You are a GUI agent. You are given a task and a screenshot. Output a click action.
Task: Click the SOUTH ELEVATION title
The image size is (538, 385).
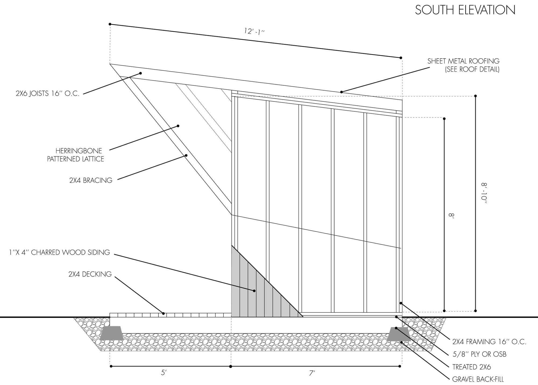[465, 10]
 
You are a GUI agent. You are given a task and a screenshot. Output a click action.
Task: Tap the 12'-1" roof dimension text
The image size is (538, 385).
[254, 31]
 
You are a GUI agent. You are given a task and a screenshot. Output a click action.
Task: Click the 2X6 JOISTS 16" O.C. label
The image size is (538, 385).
[48, 93]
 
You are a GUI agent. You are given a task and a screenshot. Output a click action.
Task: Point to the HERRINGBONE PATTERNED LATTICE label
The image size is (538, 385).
[76, 155]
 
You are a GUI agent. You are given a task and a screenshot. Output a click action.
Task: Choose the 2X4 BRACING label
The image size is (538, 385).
[91, 180]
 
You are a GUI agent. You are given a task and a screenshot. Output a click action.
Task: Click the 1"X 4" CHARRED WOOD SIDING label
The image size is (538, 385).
[59, 252]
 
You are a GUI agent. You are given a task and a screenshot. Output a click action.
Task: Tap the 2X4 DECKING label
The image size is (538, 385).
[90, 274]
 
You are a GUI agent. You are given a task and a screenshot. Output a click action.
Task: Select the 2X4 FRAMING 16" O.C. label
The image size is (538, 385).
[489, 342]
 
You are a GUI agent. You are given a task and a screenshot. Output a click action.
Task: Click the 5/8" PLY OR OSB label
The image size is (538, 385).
[479, 354]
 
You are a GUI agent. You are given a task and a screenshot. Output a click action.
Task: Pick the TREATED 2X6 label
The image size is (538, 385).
[472, 367]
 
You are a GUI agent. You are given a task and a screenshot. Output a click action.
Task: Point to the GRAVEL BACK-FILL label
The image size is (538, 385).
[478, 379]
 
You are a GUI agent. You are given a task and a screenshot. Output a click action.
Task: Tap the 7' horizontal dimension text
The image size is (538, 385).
[312, 373]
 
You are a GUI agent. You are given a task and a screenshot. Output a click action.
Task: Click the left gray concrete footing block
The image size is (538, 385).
[112, 334]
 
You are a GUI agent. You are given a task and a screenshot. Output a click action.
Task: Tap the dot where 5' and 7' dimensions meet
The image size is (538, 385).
[231, 366]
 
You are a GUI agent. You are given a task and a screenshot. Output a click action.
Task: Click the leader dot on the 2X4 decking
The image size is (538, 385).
[163, 313]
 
